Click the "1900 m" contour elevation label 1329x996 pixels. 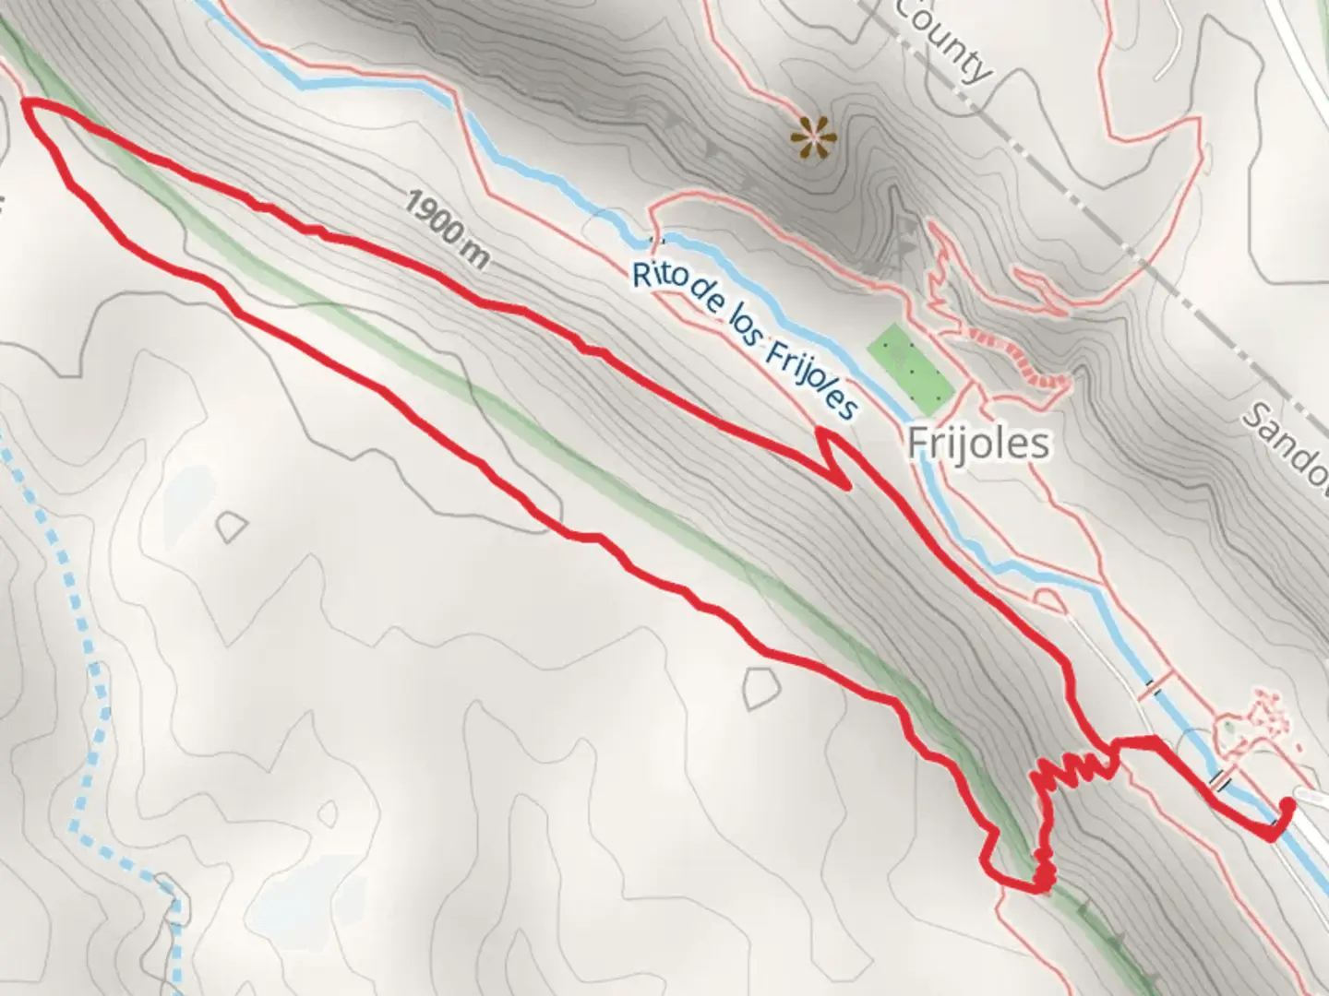pyautogui.click(x=446, y=225)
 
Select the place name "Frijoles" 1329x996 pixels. pyautogui.click(x=978, y=444)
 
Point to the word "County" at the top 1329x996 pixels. pyautogui.click(x=943, y=39)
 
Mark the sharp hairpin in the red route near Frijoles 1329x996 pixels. pyautogui.click(x=840, y=480)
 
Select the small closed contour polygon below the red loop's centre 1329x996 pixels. pyautogui.click(x=759, y=688)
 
